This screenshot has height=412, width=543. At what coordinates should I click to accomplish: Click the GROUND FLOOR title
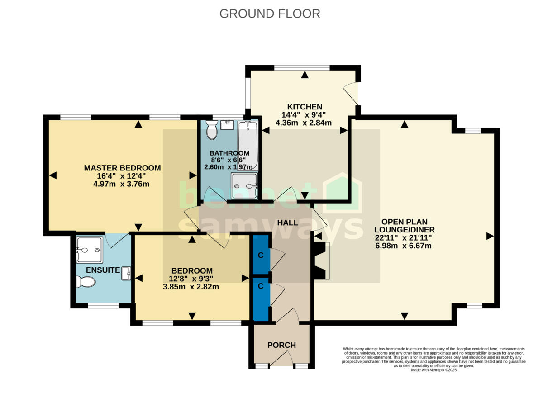pyautogui.click(x=270, y=14)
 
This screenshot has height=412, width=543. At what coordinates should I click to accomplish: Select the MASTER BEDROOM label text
pyautogui.click(x=122, y=168)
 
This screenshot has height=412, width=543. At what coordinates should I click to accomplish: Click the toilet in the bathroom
pyautogui.click(x=211, y=131)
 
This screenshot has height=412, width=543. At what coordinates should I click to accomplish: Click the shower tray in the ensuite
pyautogui.click(x=89, y=250)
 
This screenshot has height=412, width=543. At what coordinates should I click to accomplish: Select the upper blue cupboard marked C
pyautogui.click(x=261, y=255)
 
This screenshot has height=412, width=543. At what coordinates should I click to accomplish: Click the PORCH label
pyautogui.click(x=281, y=345)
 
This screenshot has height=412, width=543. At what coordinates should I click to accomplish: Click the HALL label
pyautogui.click(x=288, y=223)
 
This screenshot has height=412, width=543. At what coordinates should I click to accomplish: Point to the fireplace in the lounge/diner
pyautogui.click(x=322, y=260)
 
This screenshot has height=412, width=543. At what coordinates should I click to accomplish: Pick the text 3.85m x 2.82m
pyautogui.click(x=191, y=287)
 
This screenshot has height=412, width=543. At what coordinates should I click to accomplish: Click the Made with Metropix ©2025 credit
pyautogui.click(x=434, y=370)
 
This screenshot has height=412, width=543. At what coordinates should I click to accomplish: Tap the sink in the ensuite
pyautogui.click(x=126, y=274)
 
